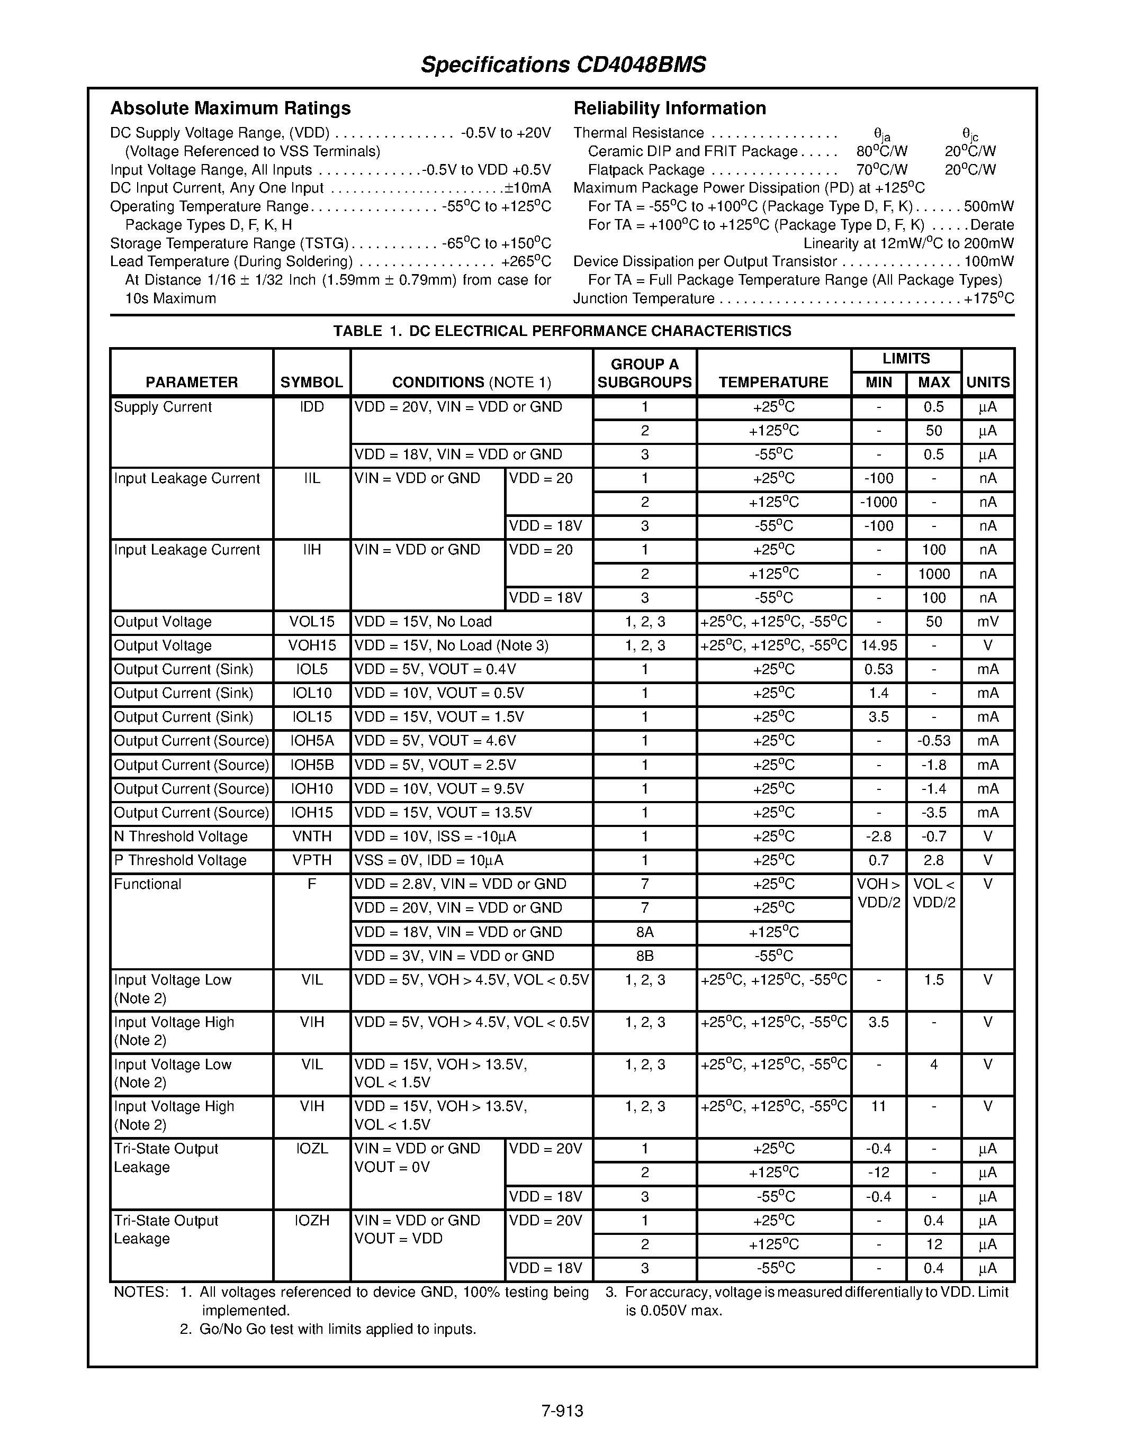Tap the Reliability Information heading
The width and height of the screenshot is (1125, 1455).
[669, 108]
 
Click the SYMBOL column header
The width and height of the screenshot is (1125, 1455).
[311, 383]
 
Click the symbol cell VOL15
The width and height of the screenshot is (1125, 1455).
[311, 622]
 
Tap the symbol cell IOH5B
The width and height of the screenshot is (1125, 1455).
[311, 766]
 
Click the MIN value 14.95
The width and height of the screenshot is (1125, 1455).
[878, 646]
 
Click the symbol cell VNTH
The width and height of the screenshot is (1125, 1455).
[311, 838]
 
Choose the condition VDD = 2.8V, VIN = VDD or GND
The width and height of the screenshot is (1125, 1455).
[460, 885]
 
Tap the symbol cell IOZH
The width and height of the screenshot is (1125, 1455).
[311, 1221]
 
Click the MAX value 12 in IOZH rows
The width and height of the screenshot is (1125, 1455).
[934, 1245]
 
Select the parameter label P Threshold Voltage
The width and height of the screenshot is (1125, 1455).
[180, 861]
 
